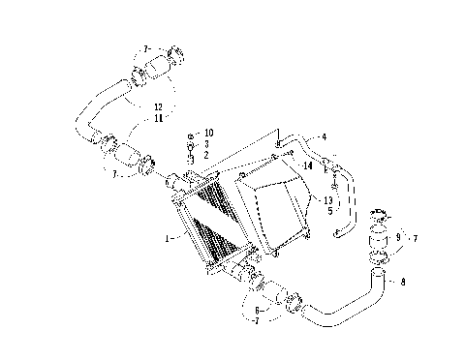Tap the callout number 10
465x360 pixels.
click(208, 133)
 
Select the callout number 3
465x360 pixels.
click(206, 143)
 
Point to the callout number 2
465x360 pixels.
click(206, 154)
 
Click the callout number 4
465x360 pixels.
click(324, 137)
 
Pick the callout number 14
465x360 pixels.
click(307, 165)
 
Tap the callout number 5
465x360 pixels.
click(329, 211)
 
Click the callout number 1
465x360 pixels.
click(167, 236)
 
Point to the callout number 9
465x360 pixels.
click(396, 237)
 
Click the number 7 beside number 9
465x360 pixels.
click(416, 237)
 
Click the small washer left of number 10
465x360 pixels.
click(190, 134)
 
